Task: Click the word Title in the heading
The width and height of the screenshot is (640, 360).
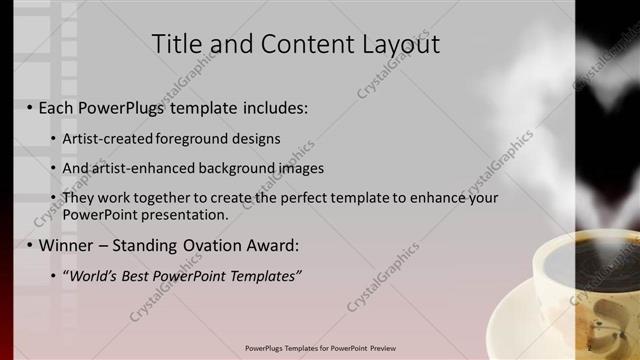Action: tap(176, 44)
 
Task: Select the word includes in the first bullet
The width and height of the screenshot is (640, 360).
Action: tap(275, 106)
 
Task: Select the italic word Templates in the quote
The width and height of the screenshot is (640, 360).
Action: tap(262, 275)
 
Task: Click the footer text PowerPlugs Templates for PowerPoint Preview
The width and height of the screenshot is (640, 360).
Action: tap(320, 348)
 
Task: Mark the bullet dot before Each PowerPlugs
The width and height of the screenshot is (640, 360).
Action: tap(29, 107)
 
